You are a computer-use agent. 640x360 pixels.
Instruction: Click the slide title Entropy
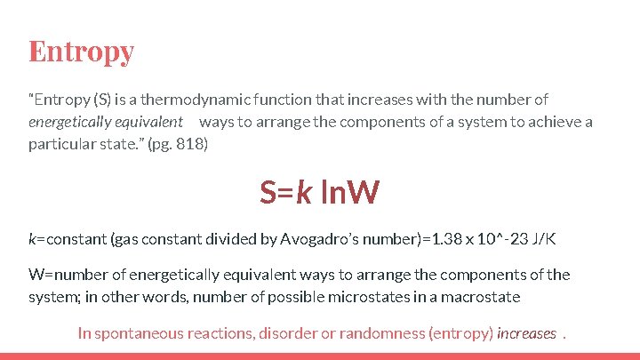point(81,52)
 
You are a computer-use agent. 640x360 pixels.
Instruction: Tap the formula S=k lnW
point(319,191)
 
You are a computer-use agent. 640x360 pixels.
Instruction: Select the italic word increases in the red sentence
point(527,333)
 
